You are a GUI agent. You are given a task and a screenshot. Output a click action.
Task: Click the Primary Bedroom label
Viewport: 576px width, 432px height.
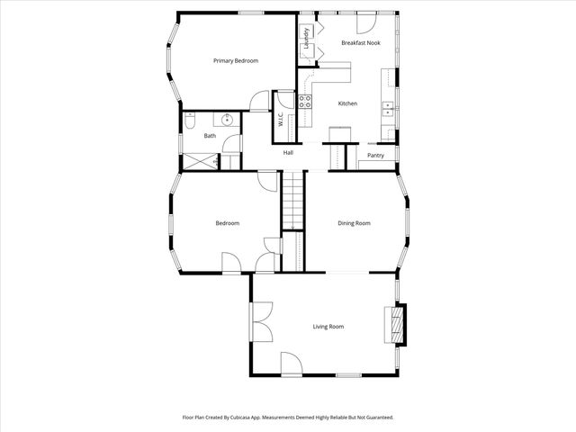pos(235,61)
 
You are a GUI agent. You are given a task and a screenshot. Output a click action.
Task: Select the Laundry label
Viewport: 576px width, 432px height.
pos(307,39)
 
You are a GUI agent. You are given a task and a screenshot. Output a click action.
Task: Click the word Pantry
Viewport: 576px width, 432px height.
pos(376,155)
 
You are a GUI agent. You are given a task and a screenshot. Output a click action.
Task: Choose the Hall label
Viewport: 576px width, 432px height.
pos(288,152)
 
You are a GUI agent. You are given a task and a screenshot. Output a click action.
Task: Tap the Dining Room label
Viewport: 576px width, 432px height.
pos(354,223)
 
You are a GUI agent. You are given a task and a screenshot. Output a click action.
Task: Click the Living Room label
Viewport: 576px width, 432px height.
pos(328,327)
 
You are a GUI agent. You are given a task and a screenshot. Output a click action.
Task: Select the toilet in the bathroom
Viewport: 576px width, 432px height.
pos(189,118)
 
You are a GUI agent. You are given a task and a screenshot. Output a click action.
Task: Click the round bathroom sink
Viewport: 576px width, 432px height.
pos(229,118)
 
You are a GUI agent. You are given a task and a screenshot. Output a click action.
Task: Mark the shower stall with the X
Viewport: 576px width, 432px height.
pos(199,162)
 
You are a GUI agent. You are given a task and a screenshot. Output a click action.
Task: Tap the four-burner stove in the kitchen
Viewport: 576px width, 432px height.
pos(305,101)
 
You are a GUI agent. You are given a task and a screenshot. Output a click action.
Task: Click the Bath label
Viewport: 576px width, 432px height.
pos(210,136)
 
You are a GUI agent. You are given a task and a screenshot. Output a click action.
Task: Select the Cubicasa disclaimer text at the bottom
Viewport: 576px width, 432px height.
pos(288,418)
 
